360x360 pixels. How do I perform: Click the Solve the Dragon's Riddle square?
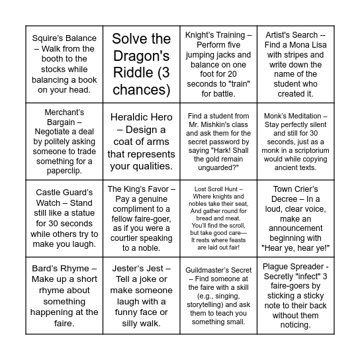142,64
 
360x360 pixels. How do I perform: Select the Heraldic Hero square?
142,141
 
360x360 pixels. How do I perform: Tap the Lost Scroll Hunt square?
218,218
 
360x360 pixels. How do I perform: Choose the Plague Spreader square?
295,296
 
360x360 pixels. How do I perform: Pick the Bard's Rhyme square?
65,296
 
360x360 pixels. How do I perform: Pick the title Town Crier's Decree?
295,194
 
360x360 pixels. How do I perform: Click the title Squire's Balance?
65,38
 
